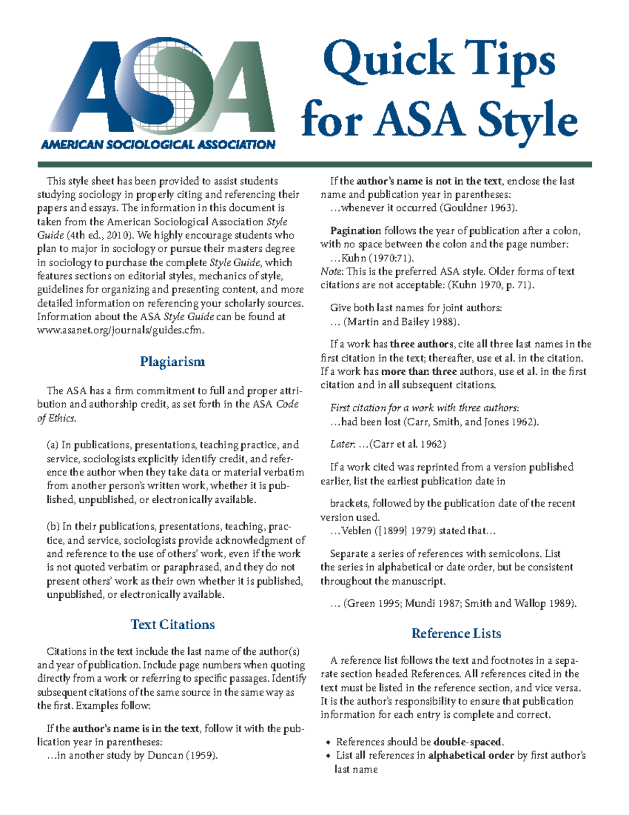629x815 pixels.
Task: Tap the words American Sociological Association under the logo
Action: pyautogui.click(x=158, y=145)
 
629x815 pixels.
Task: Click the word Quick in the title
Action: pyautogui.click(x=388, y=60)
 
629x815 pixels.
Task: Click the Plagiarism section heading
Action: pyautogui.click(x=172, y=362)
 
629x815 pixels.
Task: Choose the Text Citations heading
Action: pyautogui.click(x=172, y=625)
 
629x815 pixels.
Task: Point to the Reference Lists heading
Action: pyautogui.click(x=456, y=633)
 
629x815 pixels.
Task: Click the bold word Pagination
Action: pyautogui.click(x=355, y=231)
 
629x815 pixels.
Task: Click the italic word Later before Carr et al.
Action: pyautogui.click(x=342, y=444)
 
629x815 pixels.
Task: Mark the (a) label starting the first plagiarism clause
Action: pyautogui.click(x=52, y=445)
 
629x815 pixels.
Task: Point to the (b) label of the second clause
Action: pyautogui.click(x=53, y=526)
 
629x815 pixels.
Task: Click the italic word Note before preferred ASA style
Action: pyautogui.click(x=331, y=271)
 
